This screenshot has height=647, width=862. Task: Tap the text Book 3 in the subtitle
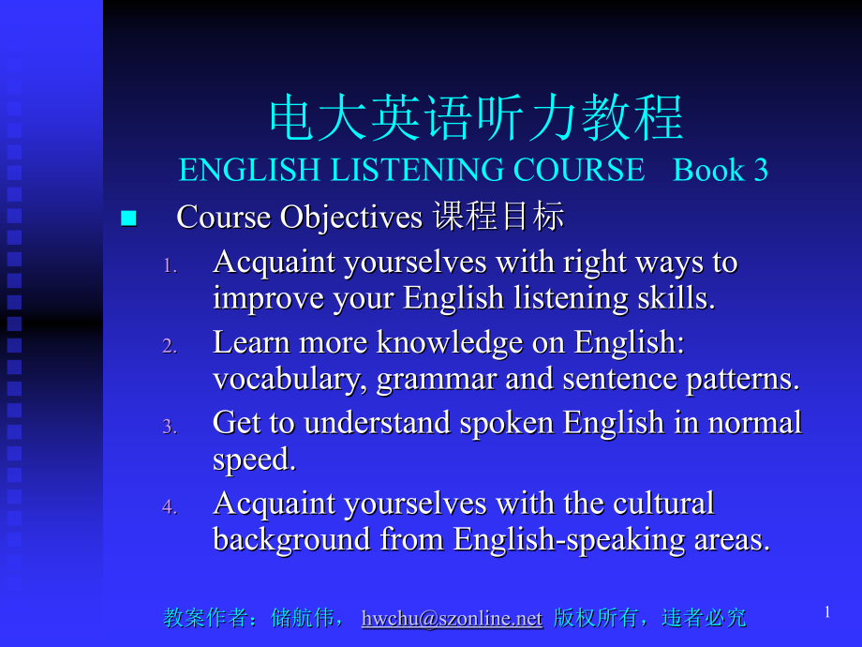point(721,170)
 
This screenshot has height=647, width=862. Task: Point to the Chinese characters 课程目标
point(498,218)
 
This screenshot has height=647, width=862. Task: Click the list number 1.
point(169,265)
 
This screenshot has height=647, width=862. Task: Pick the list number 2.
point(169,346)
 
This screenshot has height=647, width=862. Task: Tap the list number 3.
point(169,427)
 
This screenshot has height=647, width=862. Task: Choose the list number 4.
point(169,507)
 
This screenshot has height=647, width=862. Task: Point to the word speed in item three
point(252,459)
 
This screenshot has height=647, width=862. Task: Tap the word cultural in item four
point(663,504)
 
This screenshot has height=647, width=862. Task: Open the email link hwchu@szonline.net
point(452,618)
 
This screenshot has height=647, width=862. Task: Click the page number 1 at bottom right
point(827,612)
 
